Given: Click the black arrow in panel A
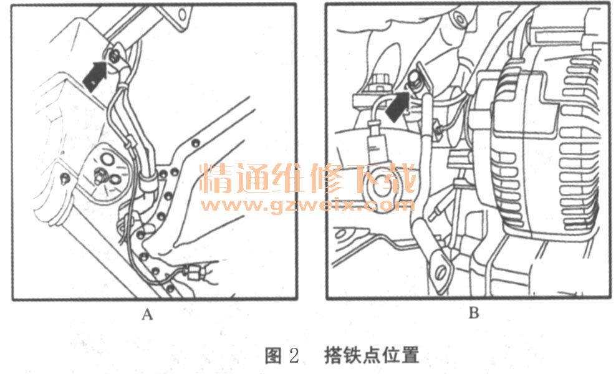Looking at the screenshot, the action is (x=95, y=77).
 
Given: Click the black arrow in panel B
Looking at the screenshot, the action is (x=398, y=105).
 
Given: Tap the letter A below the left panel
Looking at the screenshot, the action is (x=147, y=314).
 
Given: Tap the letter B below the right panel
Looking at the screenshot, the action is (x=474, y=313).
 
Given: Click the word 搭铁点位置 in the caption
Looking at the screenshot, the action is (x=372, y=355).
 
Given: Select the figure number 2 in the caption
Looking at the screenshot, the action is (x=294, y=355).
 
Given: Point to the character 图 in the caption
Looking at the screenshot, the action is (x=274, y=355).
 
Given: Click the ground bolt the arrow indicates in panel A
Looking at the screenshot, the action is (x=114, y=57).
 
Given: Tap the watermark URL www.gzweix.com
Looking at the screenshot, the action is (x=307, y=205).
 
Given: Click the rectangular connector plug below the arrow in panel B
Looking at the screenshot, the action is (x=378, y=144).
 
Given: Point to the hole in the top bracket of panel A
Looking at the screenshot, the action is (x=182, y=14).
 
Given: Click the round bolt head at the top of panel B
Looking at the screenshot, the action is (x=458, y=18).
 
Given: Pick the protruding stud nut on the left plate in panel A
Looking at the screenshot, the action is (x=99, y=177).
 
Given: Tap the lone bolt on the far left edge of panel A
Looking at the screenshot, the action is (x=65, y=179).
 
